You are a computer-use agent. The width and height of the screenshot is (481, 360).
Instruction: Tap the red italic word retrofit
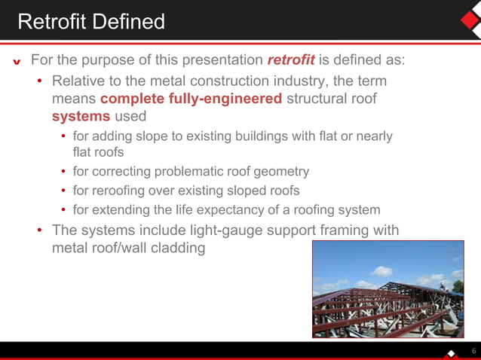(291, 59)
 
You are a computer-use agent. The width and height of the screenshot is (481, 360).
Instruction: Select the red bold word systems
(81, 117)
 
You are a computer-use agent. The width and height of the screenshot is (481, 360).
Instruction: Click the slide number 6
(473, 351)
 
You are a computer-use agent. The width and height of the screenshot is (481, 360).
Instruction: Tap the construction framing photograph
(388, 288)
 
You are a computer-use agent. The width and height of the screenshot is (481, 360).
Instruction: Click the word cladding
(176, 249)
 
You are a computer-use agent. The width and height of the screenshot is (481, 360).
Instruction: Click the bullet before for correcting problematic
(64, 172)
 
